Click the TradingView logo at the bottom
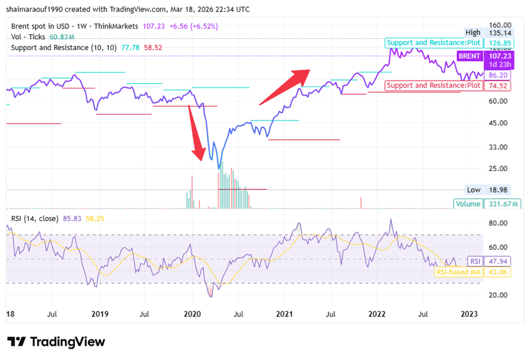[56, 342]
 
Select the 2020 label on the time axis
[193, 314]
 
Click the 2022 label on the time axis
[377, 314]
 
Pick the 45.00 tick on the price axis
[498, 123]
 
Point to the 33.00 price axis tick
[498, 147]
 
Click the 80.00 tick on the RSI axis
[498, 223]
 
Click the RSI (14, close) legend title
[34, 219]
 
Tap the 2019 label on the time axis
[100, 314]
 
